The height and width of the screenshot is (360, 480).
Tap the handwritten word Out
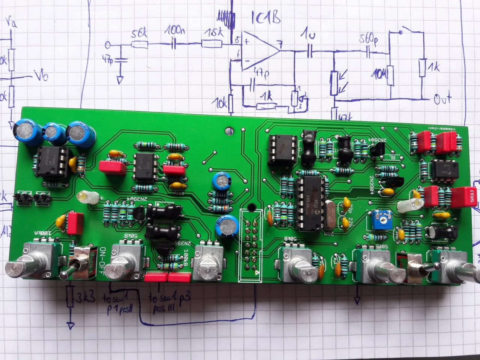tap(442, 99)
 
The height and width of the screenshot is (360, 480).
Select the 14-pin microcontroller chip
tap(310, 202)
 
